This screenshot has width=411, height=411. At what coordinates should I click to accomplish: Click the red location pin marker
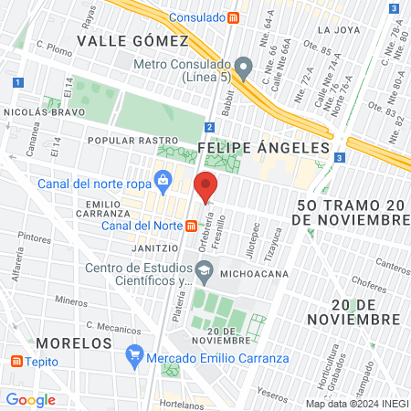coord(205,185)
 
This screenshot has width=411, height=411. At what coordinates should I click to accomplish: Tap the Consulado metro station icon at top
coord(234,17)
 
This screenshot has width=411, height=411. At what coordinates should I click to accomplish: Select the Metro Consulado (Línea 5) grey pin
coord(243,66)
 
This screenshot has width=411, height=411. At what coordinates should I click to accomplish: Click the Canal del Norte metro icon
coord(191,226)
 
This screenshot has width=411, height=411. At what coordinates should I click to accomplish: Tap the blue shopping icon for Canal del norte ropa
coord(163,179)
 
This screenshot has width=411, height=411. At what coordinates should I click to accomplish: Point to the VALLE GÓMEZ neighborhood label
coord(132,41)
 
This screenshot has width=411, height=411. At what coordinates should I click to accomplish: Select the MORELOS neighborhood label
coord(75,342)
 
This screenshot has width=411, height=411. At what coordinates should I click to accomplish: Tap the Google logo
coord(31,399)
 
